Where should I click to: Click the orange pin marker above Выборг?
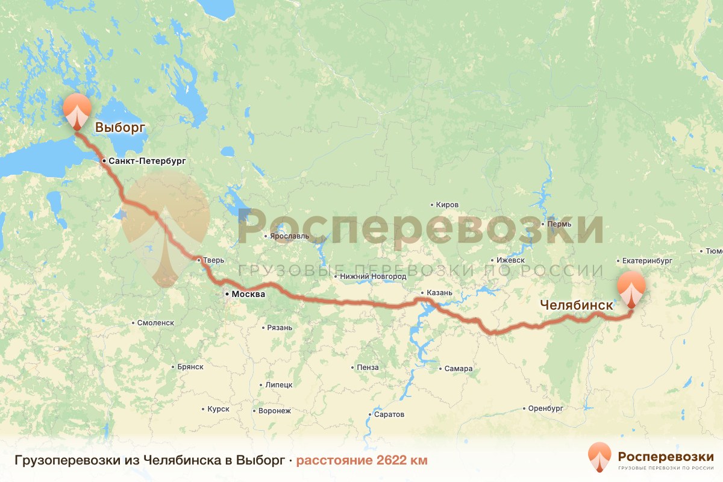(77, 110)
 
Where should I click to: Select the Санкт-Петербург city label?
(146, 161)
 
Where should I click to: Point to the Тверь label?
(214, 260)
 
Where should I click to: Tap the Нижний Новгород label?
(373, 277)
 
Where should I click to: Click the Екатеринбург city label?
(648, 261)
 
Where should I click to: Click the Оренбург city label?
(545, 408)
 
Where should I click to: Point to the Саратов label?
(389, 415)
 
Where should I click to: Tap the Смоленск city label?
(155, 323)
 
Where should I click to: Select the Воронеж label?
(275, 411)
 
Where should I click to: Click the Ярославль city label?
(289, 236)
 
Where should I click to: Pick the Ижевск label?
(510, 260)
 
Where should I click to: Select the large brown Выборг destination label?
(121, 127)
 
